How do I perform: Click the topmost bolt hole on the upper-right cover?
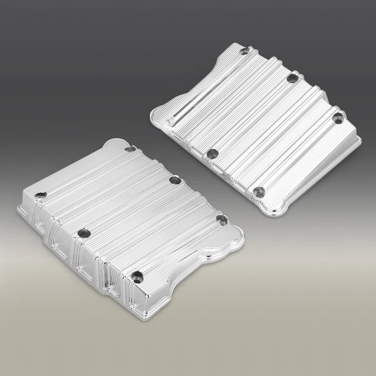pos(242,52)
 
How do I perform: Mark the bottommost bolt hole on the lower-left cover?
pos(138,274)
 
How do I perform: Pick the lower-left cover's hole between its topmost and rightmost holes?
pos(174,179)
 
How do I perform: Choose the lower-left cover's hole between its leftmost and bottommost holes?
pos(86,234)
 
